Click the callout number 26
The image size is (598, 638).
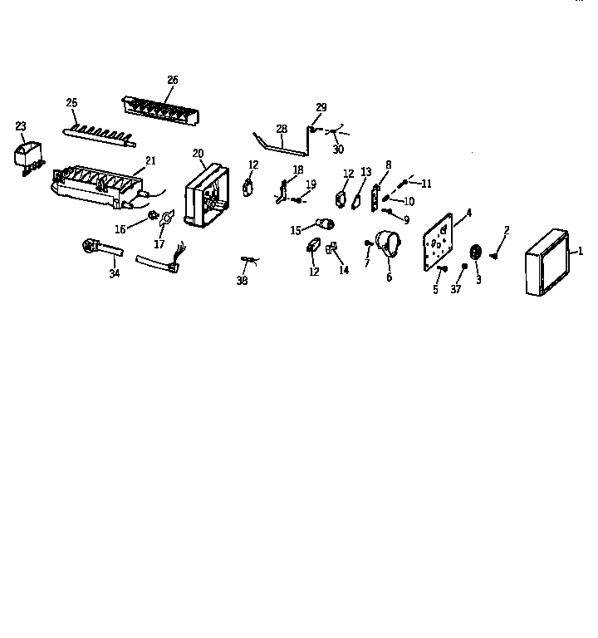click(173, 80)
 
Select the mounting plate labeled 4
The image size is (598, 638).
click(440, 240)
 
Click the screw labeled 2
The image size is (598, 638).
click(495, 255)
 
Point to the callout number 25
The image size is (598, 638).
click(71, 102)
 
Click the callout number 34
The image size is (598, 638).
click(115, 274)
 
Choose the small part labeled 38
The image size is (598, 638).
click(244, 261)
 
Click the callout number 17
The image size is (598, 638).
click(160, 245)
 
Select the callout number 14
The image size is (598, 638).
click(345, 270)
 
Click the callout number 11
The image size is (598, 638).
click(427, 183)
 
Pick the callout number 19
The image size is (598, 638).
click(311, 184)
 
